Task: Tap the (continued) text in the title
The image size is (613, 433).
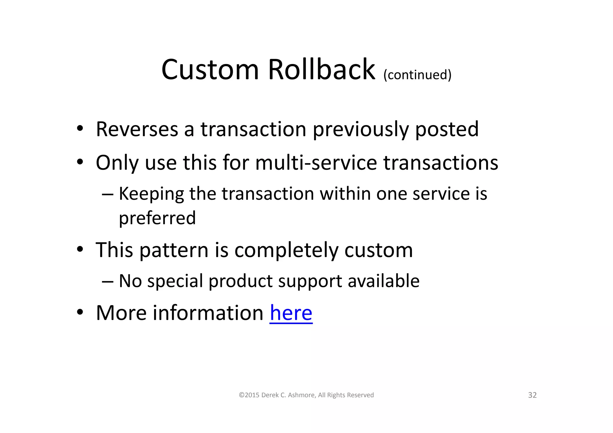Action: (x=417, y=75)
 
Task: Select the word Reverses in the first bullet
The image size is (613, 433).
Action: (x=137, y=129)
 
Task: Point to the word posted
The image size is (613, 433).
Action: (x=447, y=129)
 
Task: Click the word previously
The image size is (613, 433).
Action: (x=360, y=129)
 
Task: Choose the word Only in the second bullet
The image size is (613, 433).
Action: (x=117, y=163)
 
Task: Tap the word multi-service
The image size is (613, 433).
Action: (x=316, y=163)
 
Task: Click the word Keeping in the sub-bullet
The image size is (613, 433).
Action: (x=151, y=194)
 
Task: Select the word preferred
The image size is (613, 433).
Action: (x=157, y=218)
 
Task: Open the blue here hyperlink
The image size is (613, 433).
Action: (x=291, y=313)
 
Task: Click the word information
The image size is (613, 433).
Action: (x=208, y=313)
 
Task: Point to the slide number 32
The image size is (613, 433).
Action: (x=532, y=395)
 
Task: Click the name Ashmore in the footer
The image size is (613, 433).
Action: (x=301, y=395)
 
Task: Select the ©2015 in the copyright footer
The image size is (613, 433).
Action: (x=249, y=395)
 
